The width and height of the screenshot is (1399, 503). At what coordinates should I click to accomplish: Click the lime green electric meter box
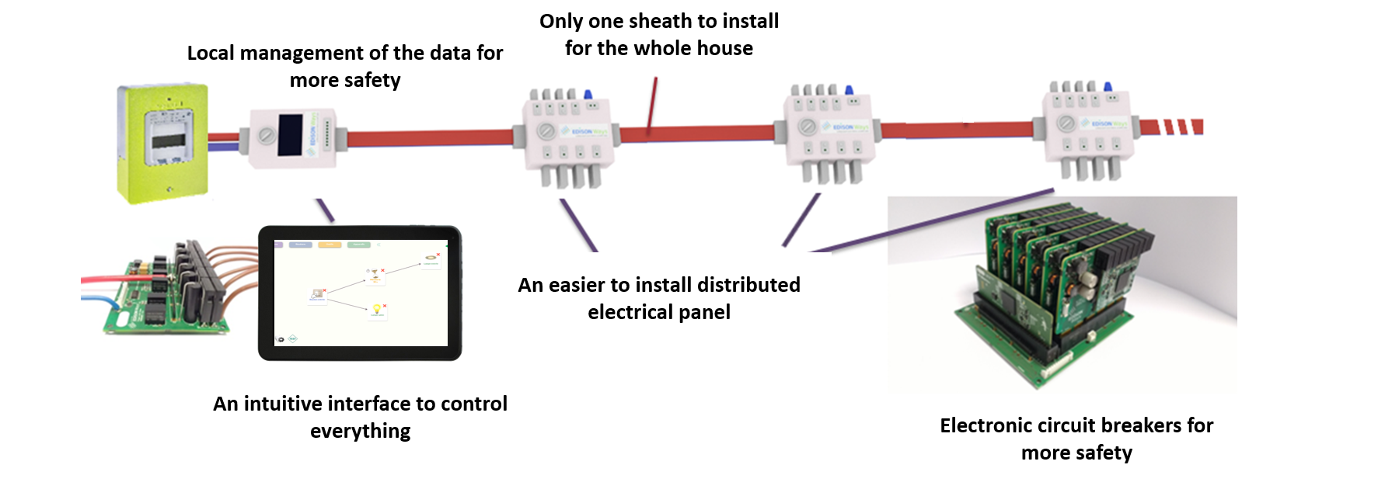pos(163,144)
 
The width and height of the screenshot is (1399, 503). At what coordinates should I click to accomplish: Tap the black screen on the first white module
pos(290,134)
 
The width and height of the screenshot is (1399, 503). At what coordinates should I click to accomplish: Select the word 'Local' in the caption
pos(211,53)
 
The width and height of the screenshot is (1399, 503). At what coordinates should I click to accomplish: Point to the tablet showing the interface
pos(360,293)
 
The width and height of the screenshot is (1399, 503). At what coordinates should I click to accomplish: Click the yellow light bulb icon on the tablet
pos(377,309)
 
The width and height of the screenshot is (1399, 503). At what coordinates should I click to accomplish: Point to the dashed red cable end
pos(1181,127)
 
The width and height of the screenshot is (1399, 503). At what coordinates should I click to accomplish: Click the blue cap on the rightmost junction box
pos(1107,87)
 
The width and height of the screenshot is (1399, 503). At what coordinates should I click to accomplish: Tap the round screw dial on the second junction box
pos(808,126)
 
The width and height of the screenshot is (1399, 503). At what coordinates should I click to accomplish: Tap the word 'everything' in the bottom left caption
pos(360,431)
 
